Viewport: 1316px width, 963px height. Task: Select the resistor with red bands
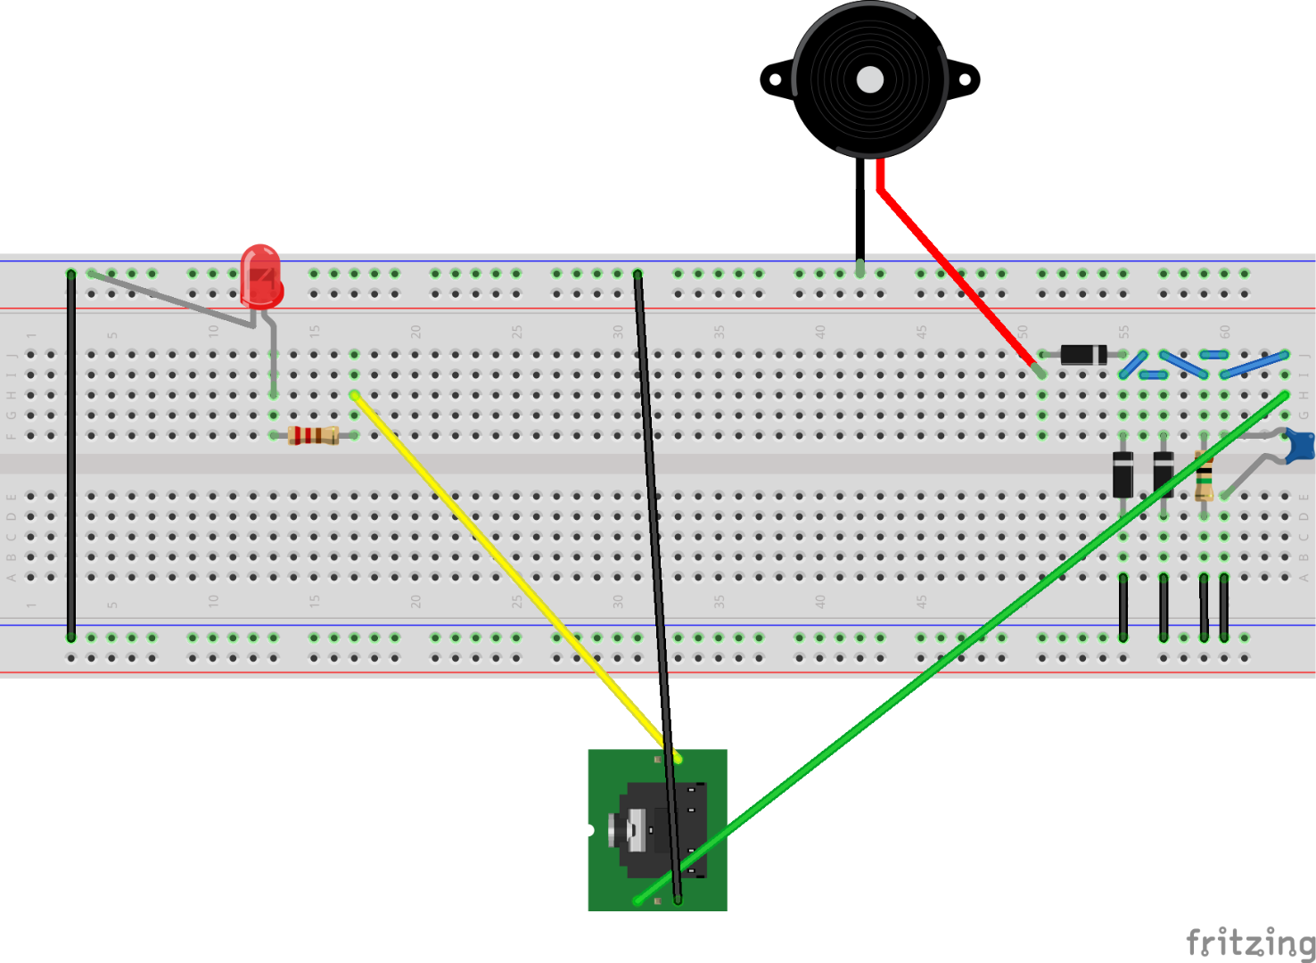pos(313,435)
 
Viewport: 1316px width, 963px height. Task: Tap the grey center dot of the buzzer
pos(870,80)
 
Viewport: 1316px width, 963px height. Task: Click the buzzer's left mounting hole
pos(775,80)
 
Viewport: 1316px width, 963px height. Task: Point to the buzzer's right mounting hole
pos(965,80)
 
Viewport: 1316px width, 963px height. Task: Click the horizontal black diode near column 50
pos(1083,355)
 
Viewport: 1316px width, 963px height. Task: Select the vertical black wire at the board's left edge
pos(71,455)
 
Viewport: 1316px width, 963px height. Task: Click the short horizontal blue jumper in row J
pos(1214,355)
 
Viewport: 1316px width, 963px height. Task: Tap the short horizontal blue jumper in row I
pos(1154,374)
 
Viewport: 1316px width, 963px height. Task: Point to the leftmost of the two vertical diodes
pos(1123,474)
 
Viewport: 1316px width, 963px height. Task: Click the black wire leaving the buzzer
pos(860,214)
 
